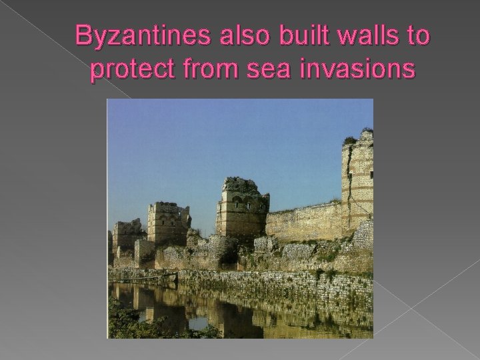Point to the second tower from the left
(168, 223)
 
